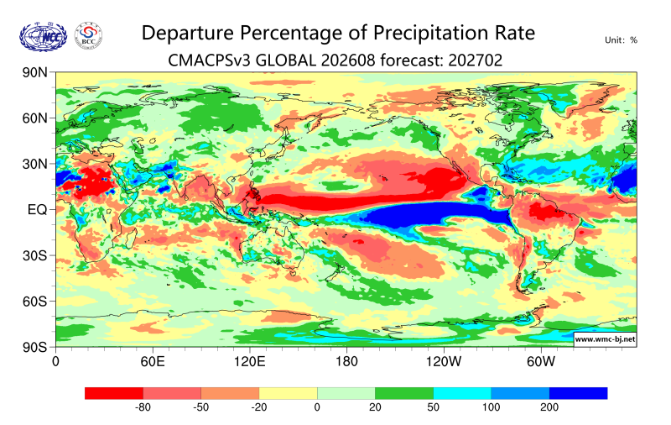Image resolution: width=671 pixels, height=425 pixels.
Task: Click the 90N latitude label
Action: [x=34, y=72]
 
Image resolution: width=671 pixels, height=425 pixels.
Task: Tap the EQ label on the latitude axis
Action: [x=37, y=209]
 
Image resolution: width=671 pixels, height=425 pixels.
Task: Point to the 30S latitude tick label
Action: [x=34, y=256]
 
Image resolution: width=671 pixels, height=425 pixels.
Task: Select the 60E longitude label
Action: [x=153, y=362]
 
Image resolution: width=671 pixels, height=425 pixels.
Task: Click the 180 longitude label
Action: [x=346, y=362]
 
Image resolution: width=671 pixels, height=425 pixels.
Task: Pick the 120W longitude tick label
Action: [x=444, y=362]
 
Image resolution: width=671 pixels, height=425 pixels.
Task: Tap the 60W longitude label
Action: [x=541, y=362]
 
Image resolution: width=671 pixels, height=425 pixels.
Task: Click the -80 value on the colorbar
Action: [x=143, y=407]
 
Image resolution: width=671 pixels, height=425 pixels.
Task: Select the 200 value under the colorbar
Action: [x=549, y=407]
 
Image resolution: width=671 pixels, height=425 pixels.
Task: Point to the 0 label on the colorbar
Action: [x=317, y=407]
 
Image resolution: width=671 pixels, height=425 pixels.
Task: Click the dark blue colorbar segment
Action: [x=579, y=393]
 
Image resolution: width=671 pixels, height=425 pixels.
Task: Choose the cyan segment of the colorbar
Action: [x=462, y=393]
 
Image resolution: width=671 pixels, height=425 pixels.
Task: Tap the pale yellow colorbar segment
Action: [x=288, y=393]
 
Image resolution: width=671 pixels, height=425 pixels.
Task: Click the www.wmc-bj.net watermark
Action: [x=605, y=339]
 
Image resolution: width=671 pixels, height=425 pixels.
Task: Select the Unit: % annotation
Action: [x=621, y=40]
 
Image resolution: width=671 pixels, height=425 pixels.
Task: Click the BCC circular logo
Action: [x=89, y=36]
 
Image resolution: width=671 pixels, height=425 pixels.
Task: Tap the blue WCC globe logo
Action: [x=44, y=37]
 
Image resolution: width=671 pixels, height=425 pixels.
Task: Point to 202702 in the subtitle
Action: [x=476, y=60]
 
